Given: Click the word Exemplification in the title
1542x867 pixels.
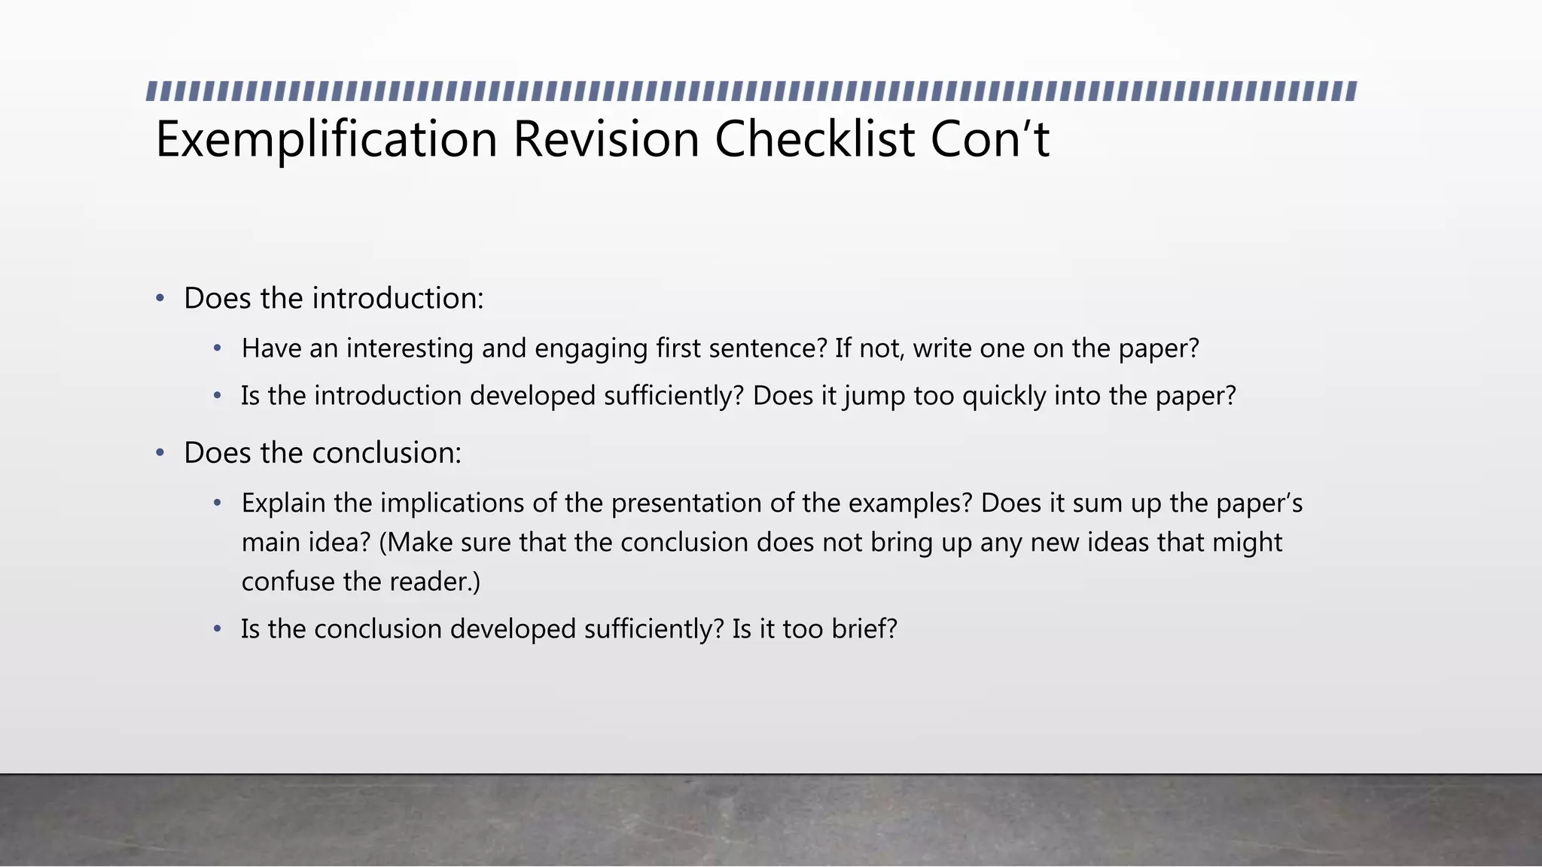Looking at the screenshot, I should point(326,139).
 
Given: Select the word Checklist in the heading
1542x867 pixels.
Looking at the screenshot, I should point(815,139).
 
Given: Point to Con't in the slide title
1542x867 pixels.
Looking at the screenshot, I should point(989,139).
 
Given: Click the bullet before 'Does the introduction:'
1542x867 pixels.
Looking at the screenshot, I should point(160,299).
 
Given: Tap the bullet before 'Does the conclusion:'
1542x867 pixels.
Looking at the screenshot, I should point(160,453).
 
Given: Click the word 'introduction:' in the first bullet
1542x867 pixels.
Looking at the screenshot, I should point(398,299).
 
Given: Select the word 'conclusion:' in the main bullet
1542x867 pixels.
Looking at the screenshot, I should point(386,453).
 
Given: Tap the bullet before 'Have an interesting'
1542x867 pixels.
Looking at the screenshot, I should point(218,348).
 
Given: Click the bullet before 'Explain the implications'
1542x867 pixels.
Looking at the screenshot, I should point(218,503).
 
